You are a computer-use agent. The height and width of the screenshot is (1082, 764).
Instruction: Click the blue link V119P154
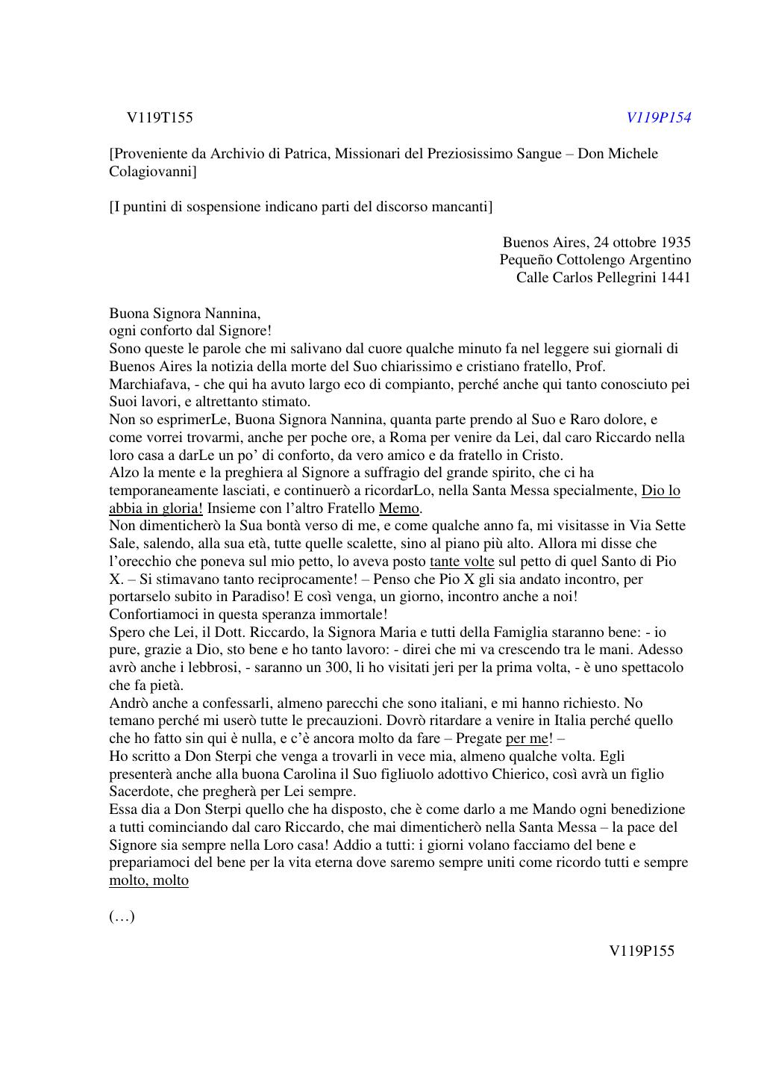point(658,117)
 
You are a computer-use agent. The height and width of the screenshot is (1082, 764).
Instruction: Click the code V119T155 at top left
point(160,117)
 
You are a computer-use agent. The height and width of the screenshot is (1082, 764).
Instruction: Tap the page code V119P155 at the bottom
point(642,951)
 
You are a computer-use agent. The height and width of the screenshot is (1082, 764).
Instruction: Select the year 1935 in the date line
point(675,242)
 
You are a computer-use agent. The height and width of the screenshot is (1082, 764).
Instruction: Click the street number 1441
point(675,278)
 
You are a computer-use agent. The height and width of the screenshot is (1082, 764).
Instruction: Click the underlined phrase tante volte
point(462,562)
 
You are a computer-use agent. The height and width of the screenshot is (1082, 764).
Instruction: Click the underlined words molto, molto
point(148,880)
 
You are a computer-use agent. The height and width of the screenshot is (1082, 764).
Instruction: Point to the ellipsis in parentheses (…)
point(122,916)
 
